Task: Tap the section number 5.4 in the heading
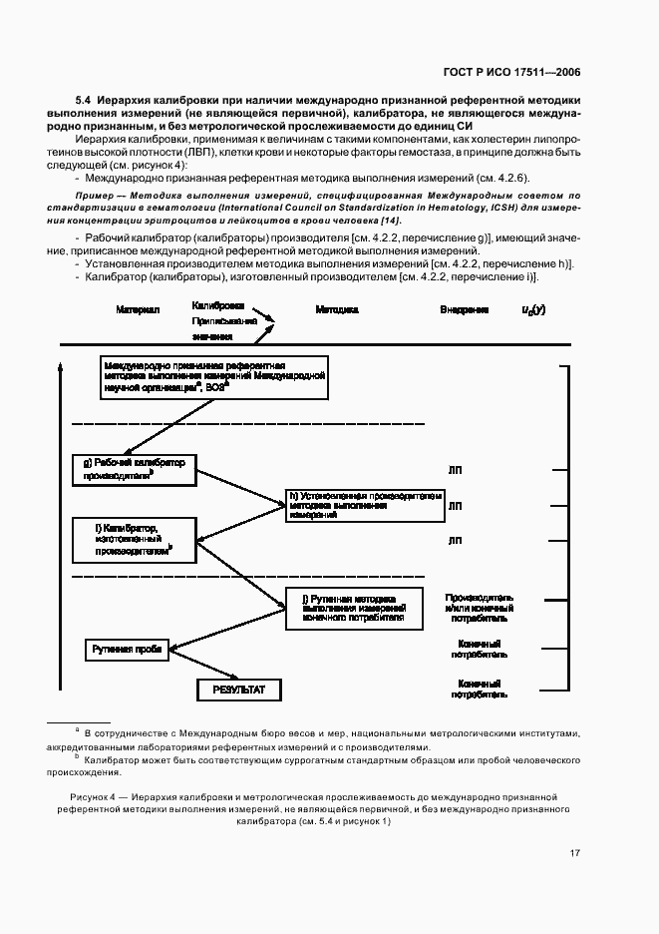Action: pos(84,101)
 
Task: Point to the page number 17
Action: pos(575,852)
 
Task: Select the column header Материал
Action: pos(137,310)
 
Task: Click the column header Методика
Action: pos(337,310)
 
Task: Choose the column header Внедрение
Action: pos(465,310)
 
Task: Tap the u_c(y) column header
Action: pos(533,310)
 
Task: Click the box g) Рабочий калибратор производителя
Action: pos(135,469)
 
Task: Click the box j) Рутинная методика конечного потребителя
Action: pos(354,608)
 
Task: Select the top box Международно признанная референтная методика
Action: pos(213,377)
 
